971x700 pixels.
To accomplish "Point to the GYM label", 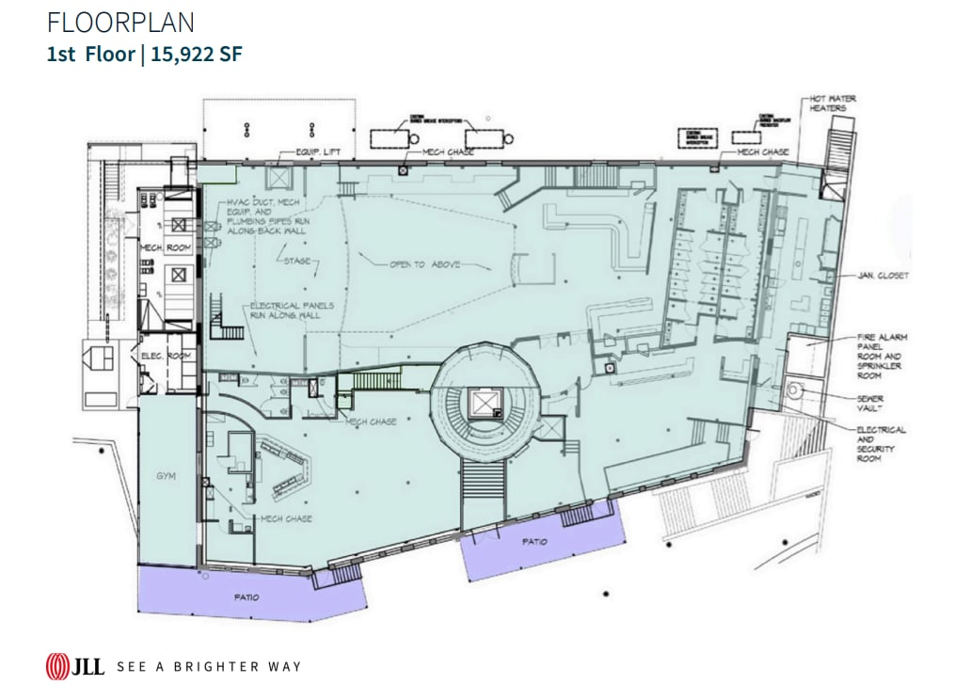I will tap(167, 477).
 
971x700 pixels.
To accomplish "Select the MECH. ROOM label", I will tap(167, 247).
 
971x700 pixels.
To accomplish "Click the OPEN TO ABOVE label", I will tap(424, 265).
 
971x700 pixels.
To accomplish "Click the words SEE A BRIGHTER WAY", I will tap(209, 667).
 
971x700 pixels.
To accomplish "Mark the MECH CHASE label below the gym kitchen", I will tap(286, 518).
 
